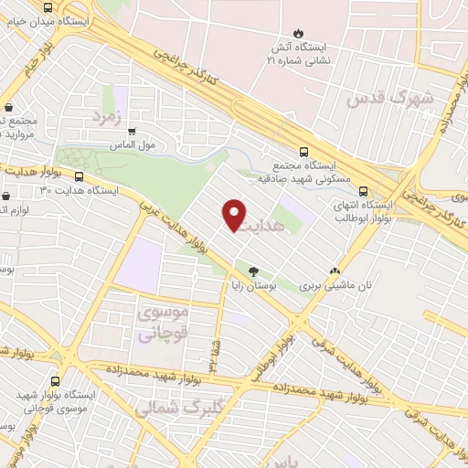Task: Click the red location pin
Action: click(x=235, y=216)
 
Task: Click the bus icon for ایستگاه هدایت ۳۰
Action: click(x=80, y=177)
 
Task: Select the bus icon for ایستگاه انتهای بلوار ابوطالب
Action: click(x=364, y=192)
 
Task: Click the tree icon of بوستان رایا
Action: click(x=253, y=271)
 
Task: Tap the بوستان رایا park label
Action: click(x=253, y=286)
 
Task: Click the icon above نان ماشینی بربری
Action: click(x=335, y=271)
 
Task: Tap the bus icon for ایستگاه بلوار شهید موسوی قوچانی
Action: click(x=56, y=381)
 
